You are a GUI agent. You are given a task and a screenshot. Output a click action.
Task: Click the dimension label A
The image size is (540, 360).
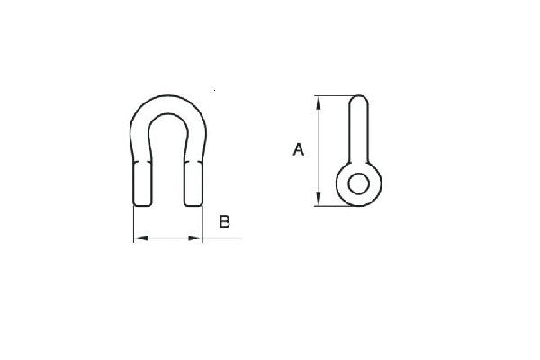[299, 149]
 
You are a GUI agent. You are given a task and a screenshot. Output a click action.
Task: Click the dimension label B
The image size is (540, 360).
[224, 221]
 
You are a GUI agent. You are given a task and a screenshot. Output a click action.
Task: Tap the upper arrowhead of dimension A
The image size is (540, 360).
[319, 103]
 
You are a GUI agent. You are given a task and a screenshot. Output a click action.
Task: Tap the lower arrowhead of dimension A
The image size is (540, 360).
[319, 199]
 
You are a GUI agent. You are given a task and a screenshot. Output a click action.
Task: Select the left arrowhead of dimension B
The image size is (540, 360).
[141, 238]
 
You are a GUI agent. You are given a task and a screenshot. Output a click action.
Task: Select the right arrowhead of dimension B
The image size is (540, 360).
[195, 238]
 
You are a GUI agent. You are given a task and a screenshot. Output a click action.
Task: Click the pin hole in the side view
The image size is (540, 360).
[358, 184]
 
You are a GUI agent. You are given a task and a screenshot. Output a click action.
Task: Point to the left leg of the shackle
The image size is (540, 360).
[142, 184]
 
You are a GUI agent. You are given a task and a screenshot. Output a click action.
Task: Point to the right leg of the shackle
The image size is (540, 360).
[193, 184]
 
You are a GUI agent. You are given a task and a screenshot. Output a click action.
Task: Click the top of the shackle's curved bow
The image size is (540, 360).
[168, 95]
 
